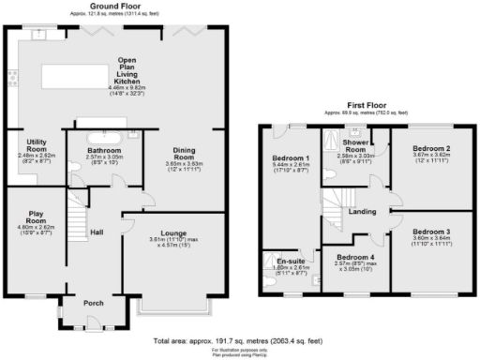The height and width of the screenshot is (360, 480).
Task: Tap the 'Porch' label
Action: point(94,303)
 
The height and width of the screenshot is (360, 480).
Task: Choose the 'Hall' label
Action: point(97,232)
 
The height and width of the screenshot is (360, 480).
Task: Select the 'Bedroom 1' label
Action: point(291,157)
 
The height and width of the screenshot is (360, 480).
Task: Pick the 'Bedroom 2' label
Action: point(432,148)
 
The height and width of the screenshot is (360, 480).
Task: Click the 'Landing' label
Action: point(362,211)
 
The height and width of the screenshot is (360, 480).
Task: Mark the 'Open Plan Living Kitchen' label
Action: point(127,71)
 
